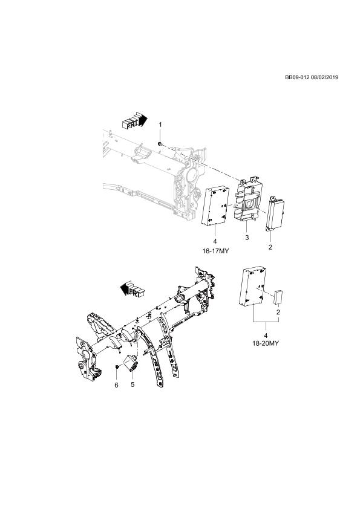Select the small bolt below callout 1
(160, 143)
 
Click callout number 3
(247, 238)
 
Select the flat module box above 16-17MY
(215, 205)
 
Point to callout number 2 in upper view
(270, 247)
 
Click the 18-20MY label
(266, 343)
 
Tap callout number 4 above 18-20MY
(266, 336)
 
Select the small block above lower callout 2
(278, 297)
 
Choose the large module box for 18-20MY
(253, 287)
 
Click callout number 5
(133, 384)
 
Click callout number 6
(117, 385)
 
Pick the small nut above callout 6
(117, 366)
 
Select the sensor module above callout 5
(131, 363)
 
